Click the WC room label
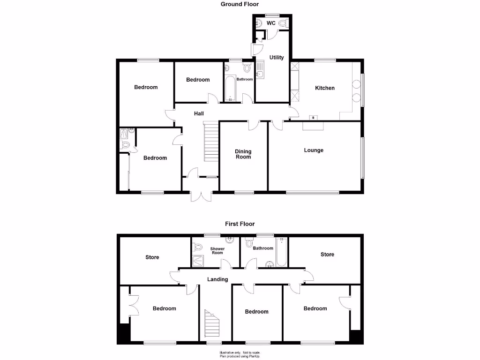click(271, 23)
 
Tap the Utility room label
click(277, 58)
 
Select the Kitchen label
click(325, 88)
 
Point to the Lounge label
click(314, 150)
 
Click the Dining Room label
click(243, 154)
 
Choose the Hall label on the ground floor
click(199, 114)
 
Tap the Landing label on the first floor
click(217, 279)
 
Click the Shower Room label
click(217, 251)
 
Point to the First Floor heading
click(240, 224)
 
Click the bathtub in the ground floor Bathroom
click(230, 89)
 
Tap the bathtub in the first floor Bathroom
click(281, 253)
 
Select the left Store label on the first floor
click(152, 257)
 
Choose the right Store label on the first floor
click(327, 255)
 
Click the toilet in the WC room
click(283, 23)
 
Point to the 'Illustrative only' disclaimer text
click(240, 352)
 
